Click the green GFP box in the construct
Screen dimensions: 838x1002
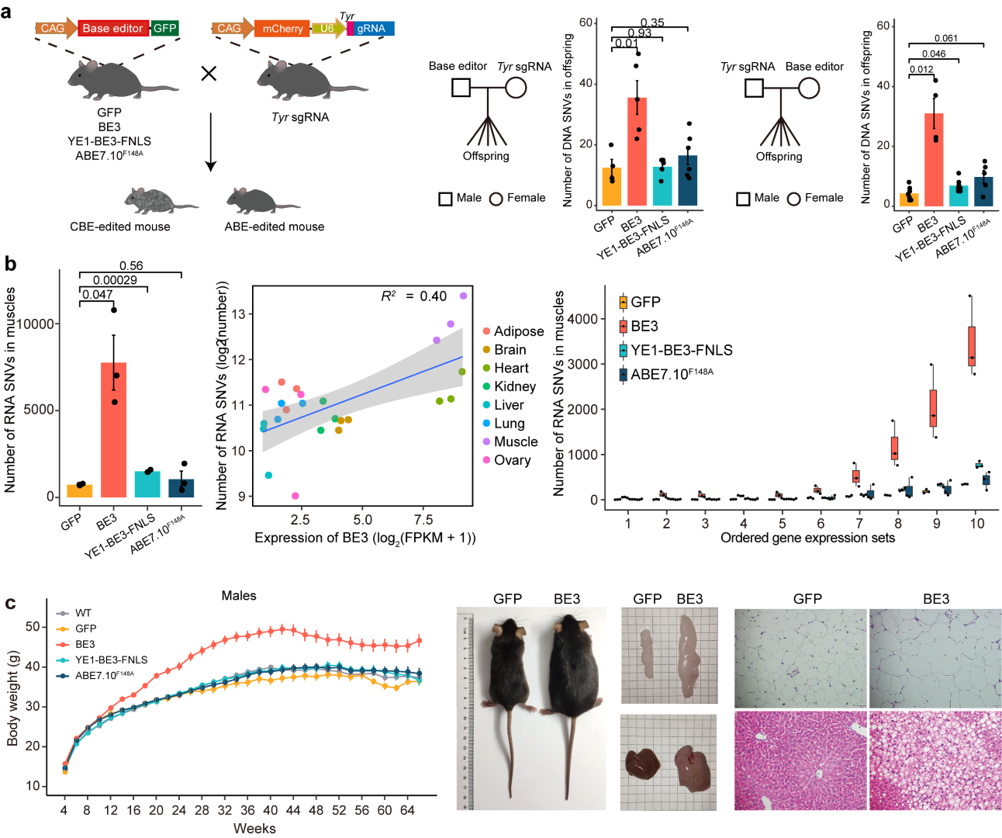click(164, 28)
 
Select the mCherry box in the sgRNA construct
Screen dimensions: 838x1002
click(282, 29)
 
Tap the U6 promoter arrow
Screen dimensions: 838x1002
click(327, 29)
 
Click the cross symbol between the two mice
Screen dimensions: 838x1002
click(209, 74)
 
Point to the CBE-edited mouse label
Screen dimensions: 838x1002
click(120, 227)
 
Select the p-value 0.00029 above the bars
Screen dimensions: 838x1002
click(115, 280)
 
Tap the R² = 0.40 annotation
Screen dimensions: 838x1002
click(413, 296)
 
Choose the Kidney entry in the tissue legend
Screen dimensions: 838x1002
click(514, 386)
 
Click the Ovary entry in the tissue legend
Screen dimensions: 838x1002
click(512, 460)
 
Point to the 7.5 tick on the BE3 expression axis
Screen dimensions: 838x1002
click(423, 520)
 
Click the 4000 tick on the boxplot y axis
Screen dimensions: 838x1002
click(582, 319)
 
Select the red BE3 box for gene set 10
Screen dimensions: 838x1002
click(972, 345)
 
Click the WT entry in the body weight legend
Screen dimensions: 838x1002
click(82, 613)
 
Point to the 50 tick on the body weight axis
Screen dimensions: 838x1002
click(33, 626)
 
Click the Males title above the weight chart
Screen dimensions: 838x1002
click(239, 595)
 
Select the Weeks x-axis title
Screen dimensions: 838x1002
click(254, 828)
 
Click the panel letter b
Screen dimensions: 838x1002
click(10, 264)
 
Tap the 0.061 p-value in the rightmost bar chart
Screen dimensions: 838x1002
click(945, 38)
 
